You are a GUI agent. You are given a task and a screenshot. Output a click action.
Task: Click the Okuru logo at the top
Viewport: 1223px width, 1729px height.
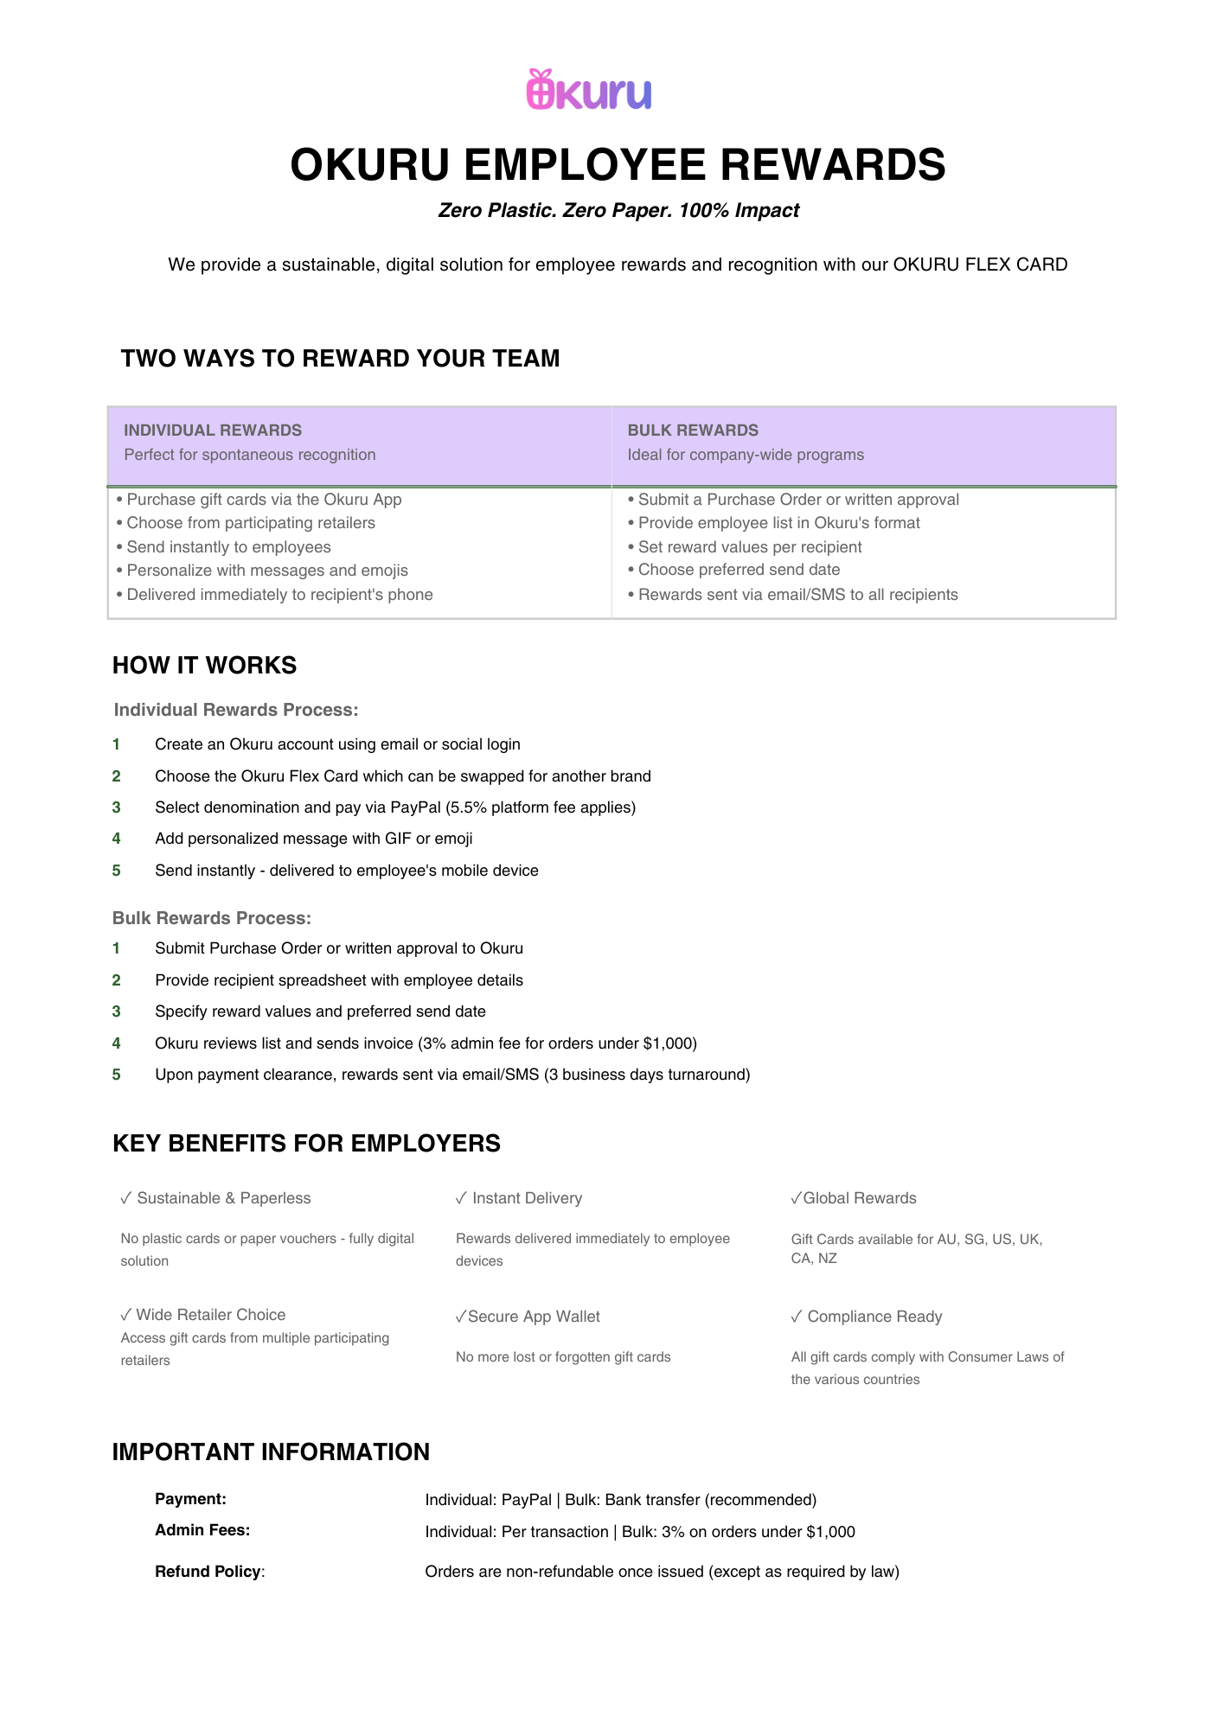pyautogui.click(x=589, y=90)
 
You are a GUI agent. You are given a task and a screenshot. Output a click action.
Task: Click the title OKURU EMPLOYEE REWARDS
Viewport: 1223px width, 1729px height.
pyautogui.click(x=618, y=164)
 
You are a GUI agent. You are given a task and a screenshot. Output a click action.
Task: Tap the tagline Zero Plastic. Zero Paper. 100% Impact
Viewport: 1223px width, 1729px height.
pyautogui.click(x=618, y=210)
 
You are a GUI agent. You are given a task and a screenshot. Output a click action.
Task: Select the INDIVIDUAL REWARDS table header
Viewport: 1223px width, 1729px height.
pyautogui.click(x=213, y=430)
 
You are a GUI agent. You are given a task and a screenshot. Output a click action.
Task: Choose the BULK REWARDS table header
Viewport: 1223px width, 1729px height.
pyautogui.click(x=693, y=430)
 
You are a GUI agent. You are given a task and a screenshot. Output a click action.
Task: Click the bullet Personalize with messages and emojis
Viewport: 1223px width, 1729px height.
pyautogui.click(x=266, y=571)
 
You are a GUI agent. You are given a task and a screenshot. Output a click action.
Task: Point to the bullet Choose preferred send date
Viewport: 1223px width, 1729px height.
pyautogui.click(x=739, y=570)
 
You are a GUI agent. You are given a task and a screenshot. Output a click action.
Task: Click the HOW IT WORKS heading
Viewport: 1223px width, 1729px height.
pyautogui.click(x=204, y=665)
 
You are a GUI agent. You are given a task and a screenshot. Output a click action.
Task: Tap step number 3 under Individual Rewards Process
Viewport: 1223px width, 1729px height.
pyautogui.click(x=117, y=807)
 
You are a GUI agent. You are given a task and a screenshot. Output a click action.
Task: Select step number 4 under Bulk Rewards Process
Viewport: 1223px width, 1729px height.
pyautogui.click(x=117, y=1043)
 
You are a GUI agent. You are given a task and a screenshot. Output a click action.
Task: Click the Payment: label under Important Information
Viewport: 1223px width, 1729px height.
pyautogui.click(x=190, y=1499)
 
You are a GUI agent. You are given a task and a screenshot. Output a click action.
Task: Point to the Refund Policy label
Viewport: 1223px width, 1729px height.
pyautogui.click(x=208, y=1572)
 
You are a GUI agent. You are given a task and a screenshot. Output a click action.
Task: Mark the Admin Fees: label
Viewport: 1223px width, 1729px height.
pyautogui.click(x=202, y=1530)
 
